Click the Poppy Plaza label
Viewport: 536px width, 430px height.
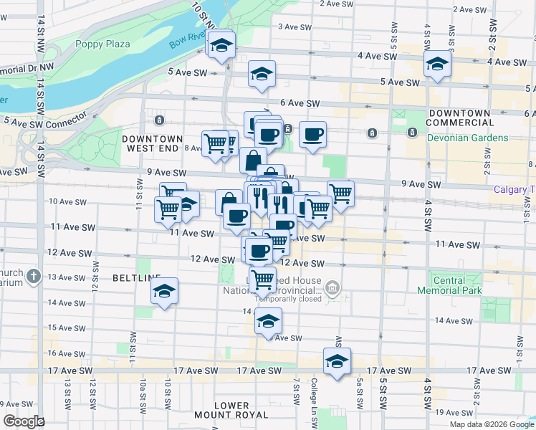pyautogui.click(x=103, y=44)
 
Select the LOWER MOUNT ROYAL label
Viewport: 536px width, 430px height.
pyautogui.click(x=231, y=411)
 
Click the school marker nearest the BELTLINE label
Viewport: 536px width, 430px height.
pyautogui.click(x=165, y=290)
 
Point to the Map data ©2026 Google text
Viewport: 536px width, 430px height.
pyautogui.click(x=492, y=424)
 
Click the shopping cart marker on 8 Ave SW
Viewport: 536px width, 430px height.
pyautogui.click(x=215, y=143)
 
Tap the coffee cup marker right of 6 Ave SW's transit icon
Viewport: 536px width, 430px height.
pyautogui.click(x=312, y=133)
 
